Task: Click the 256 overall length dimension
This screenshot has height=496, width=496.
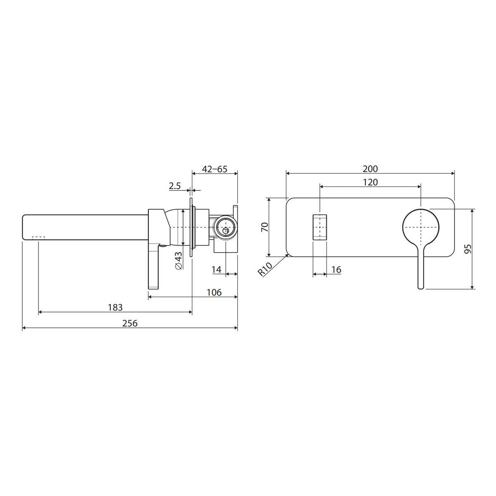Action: tap(130, 323)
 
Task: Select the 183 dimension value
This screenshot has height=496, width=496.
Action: tap(115, 308)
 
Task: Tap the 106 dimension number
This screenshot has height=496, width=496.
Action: tap(214, 292)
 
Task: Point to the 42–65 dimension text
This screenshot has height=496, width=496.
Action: tap(215, 169)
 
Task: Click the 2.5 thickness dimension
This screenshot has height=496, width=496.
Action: tap(175, 186)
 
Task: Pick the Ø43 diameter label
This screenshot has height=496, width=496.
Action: tap(179, 260)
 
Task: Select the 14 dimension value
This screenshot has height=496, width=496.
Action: tap(217, 269)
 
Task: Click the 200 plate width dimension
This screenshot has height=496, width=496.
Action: tap(370, 169)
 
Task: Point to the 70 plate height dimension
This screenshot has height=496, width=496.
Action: tap(265, 227)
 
